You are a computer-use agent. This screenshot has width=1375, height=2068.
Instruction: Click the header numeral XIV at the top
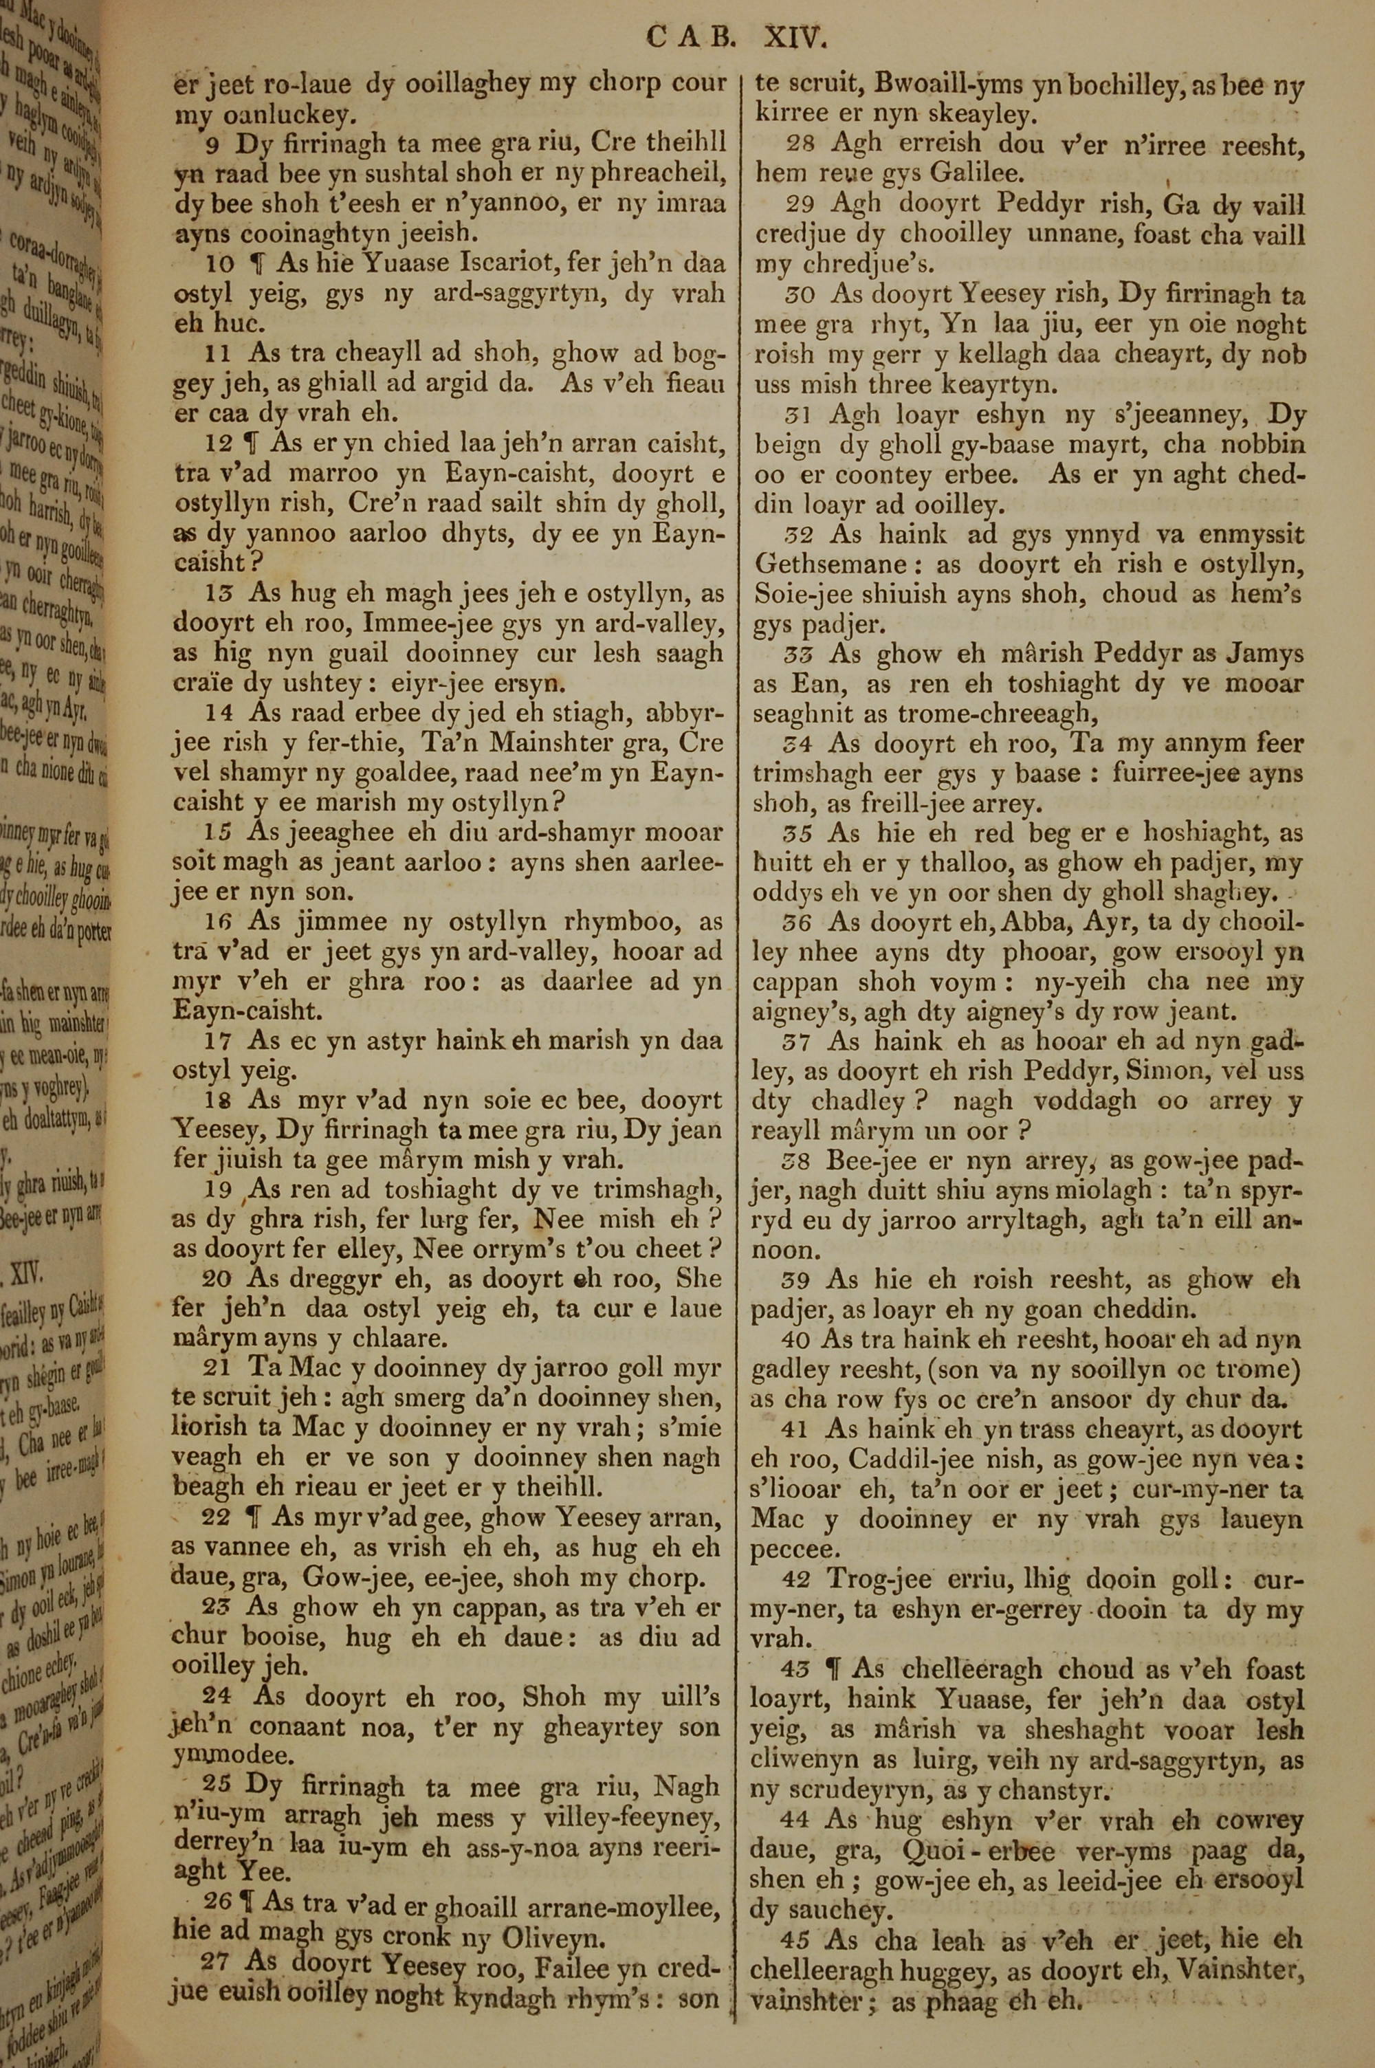pyautogui.click(x=795, y=37)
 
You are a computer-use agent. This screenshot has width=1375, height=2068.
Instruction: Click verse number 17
pyautogui.click(x=219, y=1041)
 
